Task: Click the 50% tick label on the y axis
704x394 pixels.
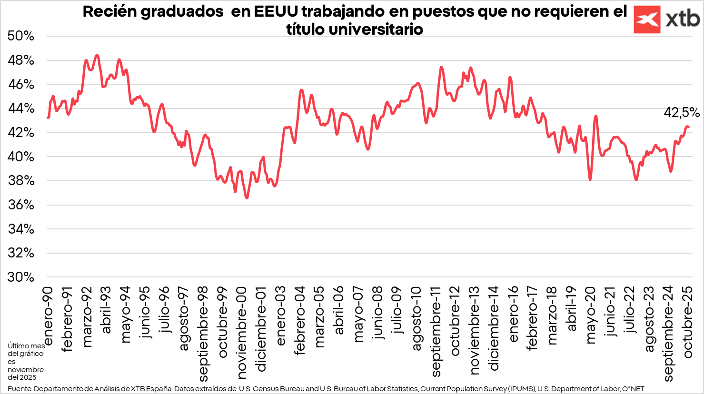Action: click(x=21, y=36)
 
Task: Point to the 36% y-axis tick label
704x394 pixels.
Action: click(x=21, y=205)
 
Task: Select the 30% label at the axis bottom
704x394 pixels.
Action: click(x=21, y=277)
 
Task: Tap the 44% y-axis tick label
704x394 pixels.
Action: click(x=21, y=108)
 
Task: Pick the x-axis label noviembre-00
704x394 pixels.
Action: click(x=242, y=333)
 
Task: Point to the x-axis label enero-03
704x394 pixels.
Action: click(x=281, y=315)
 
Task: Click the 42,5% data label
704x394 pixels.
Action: click(x=682, y=113)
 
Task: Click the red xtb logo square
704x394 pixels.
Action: click(x=647, y=20)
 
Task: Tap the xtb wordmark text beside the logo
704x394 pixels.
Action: click(x=683, y=20)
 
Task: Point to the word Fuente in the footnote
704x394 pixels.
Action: click(x=20, y=389)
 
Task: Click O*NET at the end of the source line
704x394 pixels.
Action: click(x=633, y=389)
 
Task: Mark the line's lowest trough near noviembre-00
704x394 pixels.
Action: click(x=247, y=197)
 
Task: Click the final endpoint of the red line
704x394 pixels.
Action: click(x=688, y=127)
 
